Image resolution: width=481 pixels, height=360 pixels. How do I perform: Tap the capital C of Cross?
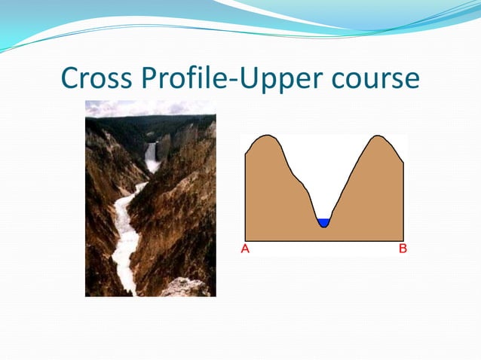coord(69,78)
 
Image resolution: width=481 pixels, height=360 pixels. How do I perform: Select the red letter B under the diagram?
coord(403,249)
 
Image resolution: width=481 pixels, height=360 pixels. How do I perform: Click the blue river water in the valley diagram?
coord(323,222)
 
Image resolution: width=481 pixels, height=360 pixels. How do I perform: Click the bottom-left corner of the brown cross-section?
coord(245,239)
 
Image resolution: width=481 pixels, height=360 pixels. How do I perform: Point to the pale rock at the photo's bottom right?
coord(185,287)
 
